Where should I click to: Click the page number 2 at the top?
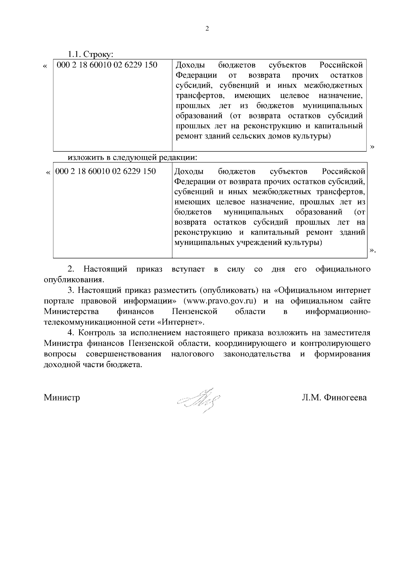pos(207,29)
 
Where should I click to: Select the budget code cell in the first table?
pos(107,65)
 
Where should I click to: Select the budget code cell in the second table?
pos(105,171)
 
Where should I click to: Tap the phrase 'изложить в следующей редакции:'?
pos(133,157)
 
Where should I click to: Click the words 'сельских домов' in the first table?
pos(261,136)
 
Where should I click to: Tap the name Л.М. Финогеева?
pos(334,398)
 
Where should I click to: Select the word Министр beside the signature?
pos(62,398)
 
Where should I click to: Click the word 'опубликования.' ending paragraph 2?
pos(74,280)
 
